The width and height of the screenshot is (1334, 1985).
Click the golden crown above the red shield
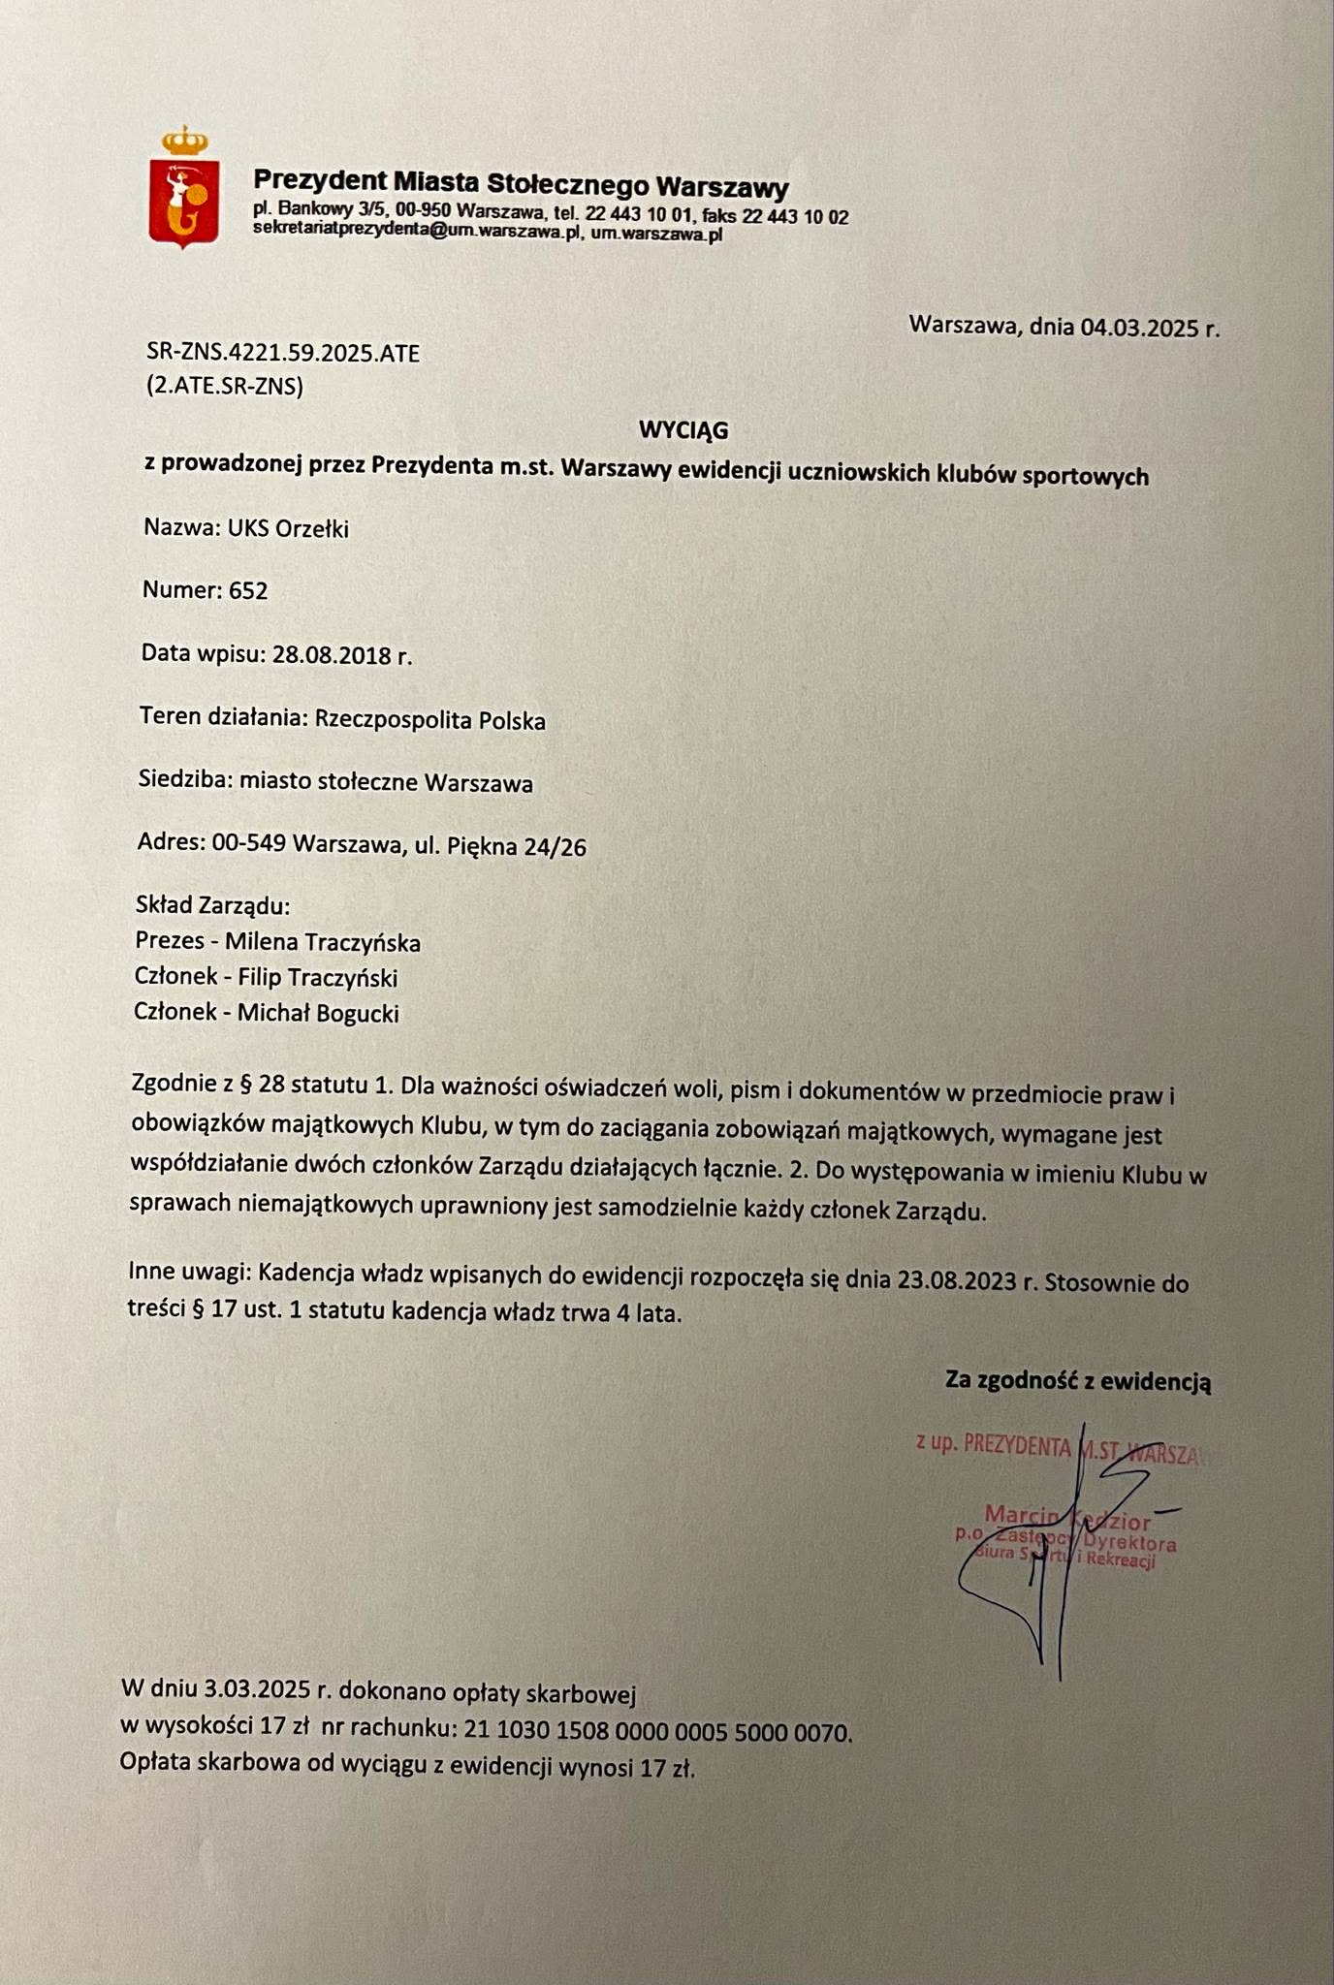[185, 142]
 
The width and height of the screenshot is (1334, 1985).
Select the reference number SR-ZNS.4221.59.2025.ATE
[283, 353]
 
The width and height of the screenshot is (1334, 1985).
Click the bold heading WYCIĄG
[683, 429]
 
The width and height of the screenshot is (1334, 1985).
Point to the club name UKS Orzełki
[288, 529]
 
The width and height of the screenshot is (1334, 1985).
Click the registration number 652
[248, 590]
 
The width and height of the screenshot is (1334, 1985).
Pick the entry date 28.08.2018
[332, 655]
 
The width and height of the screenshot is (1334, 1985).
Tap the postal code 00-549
[248, 843]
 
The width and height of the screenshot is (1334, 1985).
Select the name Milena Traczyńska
[323, 942]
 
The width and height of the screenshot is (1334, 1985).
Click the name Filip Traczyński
[317, 978]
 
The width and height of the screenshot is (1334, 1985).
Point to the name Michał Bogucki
[318, 1014]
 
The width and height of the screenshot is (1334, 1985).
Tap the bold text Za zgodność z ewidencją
[1078, 1381]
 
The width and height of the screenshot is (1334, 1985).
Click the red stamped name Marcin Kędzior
[1067, 1517]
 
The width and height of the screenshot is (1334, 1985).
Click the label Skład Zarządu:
[213, 906]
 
